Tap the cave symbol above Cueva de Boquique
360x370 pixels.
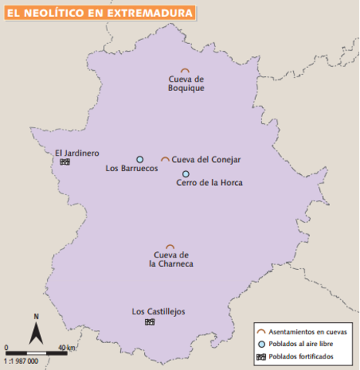(x=185, y=70)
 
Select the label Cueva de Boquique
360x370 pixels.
(x=186, y=83)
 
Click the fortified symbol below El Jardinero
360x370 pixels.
(x=66, y=162)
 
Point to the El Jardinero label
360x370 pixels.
(x=77, y=153)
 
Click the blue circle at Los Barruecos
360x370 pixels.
(x=140, y=159)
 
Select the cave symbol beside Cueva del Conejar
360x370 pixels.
(x=165, y=159)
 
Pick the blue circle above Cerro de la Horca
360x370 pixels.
(x=186, y=173)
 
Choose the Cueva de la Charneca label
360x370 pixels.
(x=171, y=259)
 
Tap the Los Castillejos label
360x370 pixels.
(x=158, y=311)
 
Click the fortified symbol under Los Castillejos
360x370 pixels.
(x=149, y=321)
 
